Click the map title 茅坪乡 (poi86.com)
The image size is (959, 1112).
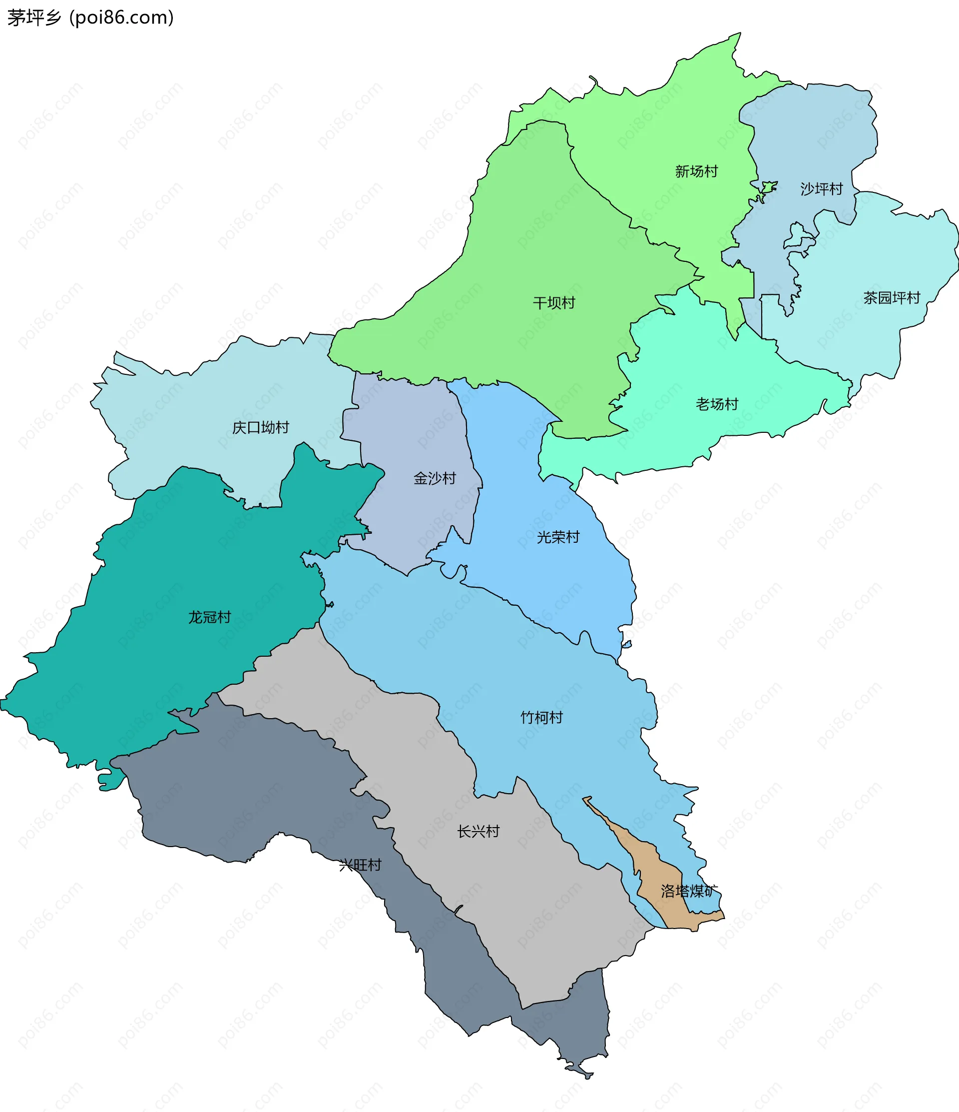90,17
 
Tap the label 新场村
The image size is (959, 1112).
696,171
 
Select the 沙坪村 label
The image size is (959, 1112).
821,189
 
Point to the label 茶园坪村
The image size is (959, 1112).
892,298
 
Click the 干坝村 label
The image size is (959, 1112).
553,303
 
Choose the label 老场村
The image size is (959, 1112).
717,404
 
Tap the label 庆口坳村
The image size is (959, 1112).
260,428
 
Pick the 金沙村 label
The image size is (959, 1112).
435,478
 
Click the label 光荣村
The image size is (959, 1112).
558,537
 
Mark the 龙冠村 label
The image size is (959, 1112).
209,617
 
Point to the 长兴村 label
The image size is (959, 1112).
478,831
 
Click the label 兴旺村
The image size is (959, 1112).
360,865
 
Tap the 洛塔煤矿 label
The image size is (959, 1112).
689,891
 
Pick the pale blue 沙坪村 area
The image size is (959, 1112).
805,134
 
